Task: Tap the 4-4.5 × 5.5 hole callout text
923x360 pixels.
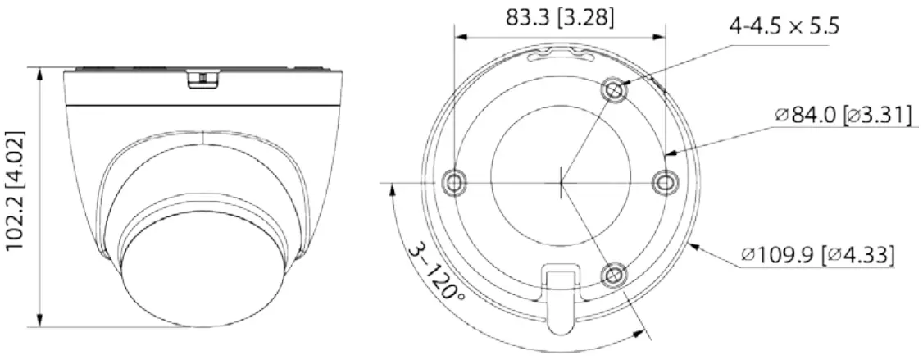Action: click(784, 26)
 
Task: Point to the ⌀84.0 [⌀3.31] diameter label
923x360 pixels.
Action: click(842, 116)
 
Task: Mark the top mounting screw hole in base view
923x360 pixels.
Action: click(614, 89)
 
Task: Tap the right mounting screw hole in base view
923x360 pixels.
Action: click(663, 181)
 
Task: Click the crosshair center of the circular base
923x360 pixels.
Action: click(560, 182)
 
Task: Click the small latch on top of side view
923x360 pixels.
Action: click(202, 78)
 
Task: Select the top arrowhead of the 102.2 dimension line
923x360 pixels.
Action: click(40, 72)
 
